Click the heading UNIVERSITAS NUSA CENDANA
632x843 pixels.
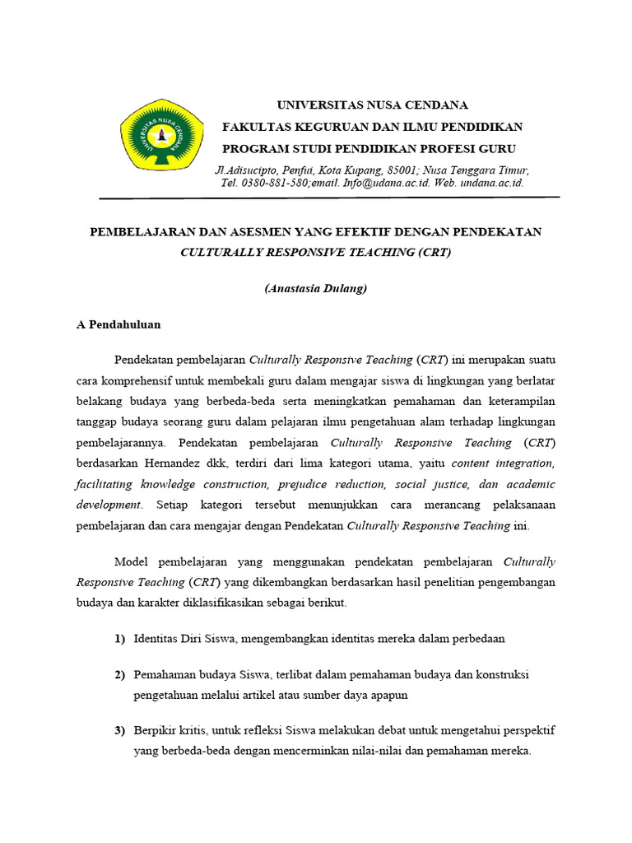[372, 105]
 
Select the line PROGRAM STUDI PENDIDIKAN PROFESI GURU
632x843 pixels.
[369, 148]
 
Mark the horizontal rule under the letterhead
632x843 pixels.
[329, 198]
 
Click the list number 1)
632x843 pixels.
[119, 639]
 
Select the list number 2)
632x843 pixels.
[119, 675]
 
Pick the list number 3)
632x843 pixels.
[119, 731]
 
